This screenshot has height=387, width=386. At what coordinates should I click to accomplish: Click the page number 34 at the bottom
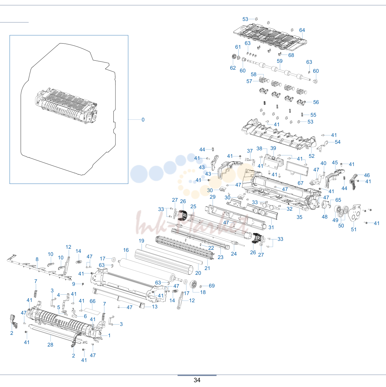pyautogui.click(x=197, y=380)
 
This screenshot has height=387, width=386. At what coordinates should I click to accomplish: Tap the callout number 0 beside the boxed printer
pyautogui.click(x=143, y=120)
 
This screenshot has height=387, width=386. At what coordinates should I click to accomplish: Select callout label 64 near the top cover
pyautogui.click(x=302, y=30)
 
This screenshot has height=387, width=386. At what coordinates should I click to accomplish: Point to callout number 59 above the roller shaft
pyautogui.click(x=280, y=61)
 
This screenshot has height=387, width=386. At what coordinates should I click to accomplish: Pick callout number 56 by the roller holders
pyautogui.click(x=316, y=102)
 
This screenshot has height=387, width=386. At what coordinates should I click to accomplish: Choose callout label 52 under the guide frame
pyautogui.click(x=311, y=156)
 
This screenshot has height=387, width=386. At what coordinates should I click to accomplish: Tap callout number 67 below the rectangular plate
pyautogui.click(x=300, y=183)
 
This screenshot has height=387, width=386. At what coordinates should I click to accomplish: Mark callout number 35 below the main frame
pyautogui.click(x=299, y=217)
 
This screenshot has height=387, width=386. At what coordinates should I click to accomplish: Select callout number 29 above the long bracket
pyautogui.click(x=213, y=197)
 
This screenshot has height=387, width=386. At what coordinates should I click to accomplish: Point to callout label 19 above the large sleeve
pyautogui.click(x=141, y=241)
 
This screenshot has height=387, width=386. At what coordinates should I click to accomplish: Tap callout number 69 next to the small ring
pyautogui.click(x=212, y=286)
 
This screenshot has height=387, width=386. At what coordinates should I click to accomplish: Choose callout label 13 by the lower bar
pyautogui.click(x=155, y=307)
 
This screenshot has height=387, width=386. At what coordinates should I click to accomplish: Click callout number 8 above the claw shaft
pyautogui.click(x=37, y=259)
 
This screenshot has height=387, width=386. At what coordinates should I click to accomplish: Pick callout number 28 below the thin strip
pyautogui.click(x=50, y=345)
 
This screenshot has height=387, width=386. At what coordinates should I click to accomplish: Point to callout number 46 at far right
pyautogui.click(x=367, y=175)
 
